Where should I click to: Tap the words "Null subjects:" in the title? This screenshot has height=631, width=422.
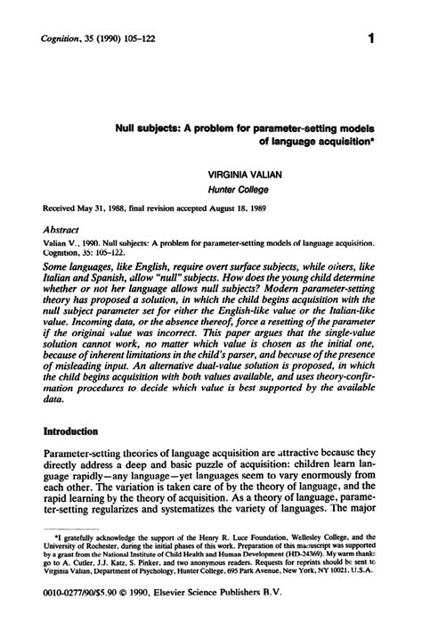(x=146, y=127)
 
